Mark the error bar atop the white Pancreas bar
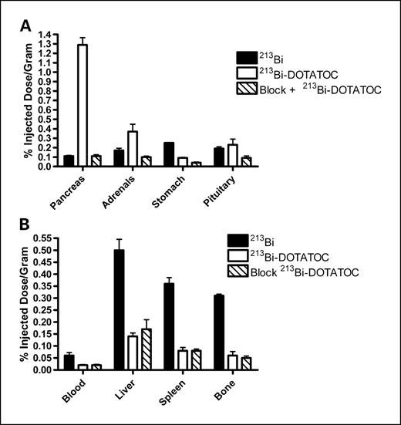[x=99, y=40]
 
